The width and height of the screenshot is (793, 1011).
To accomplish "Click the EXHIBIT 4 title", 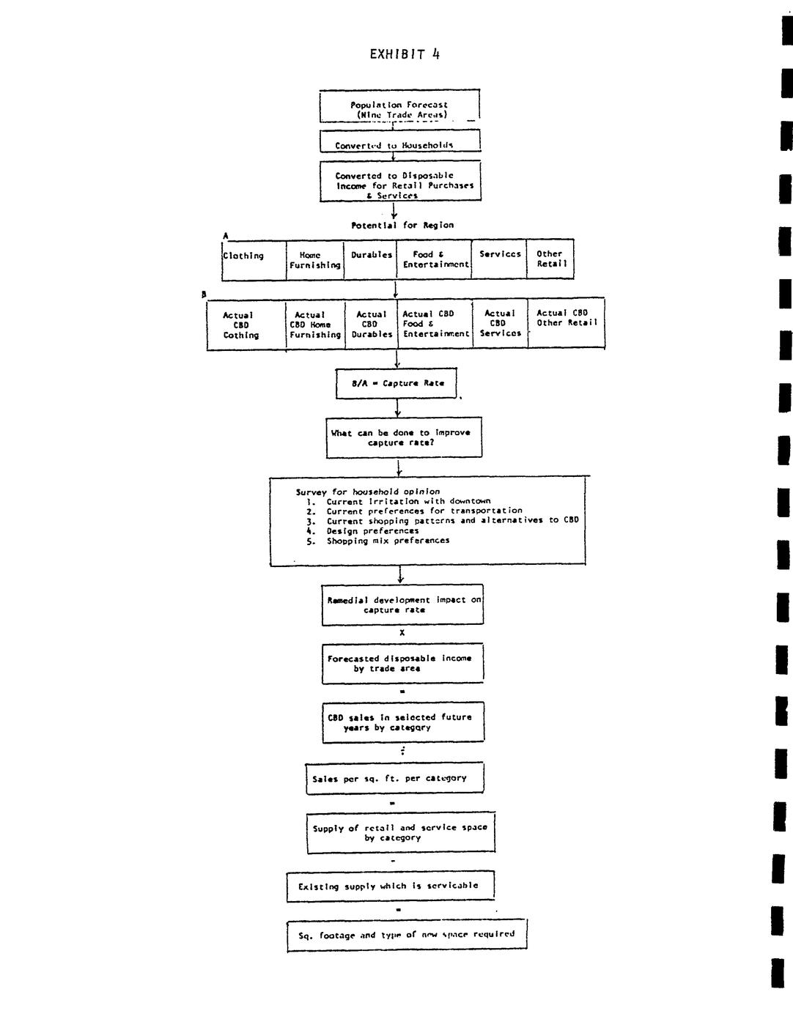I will [x=405, y=54].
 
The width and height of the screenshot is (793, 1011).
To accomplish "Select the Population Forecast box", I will [x=399, y=107].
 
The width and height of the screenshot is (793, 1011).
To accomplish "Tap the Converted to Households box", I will [x=399, y=141].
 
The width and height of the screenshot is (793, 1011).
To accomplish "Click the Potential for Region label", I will [x=402, y=225].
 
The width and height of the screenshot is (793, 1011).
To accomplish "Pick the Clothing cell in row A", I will [x=253, y=259].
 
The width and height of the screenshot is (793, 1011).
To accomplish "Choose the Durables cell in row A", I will [x=371, y=259].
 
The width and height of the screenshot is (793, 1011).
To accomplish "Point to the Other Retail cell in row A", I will [x=550, y=259].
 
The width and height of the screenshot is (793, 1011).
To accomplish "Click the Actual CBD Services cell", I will [x=499, y=323].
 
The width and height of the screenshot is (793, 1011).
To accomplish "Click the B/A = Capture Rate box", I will [x=397, y=383].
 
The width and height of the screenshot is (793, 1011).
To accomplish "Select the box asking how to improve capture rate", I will [x=404, y=437].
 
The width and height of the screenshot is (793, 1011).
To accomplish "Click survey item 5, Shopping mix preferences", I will [x=388, y=541].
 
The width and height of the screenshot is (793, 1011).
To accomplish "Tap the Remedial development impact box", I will [x=402, y=604].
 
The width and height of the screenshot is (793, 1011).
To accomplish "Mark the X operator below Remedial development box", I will [x=402, y=633].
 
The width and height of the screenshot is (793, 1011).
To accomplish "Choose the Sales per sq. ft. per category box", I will [x=394, y=778].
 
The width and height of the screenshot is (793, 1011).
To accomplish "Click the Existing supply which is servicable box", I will [x=390, y=886].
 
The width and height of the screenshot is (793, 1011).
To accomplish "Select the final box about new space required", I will [x=407, y=935].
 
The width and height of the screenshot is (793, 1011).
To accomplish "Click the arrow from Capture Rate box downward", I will [x=398, y=409].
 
